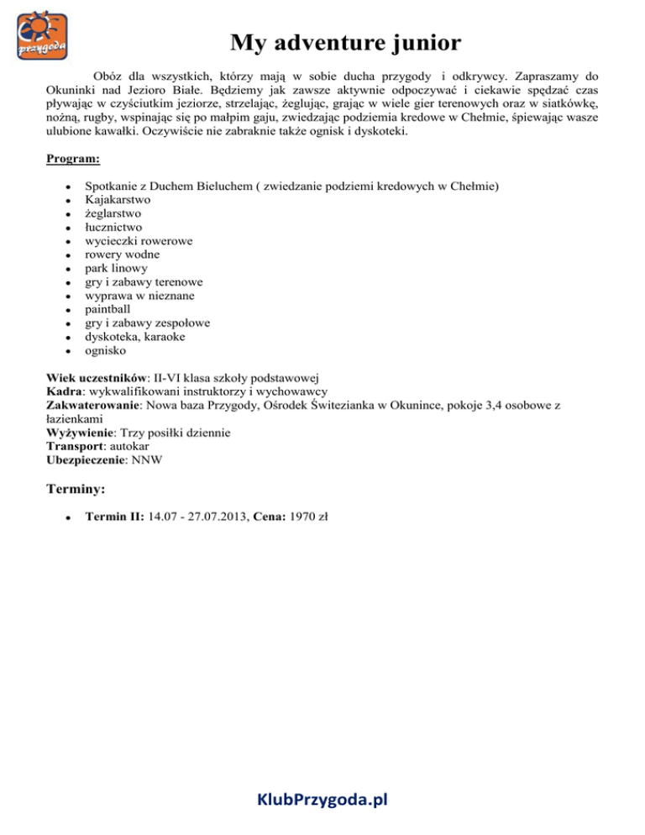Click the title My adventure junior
click(345, 42)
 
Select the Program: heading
click(73, 158)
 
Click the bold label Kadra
click(65, 391)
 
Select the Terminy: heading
click(76, 487)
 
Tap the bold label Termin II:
click(114, 519)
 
